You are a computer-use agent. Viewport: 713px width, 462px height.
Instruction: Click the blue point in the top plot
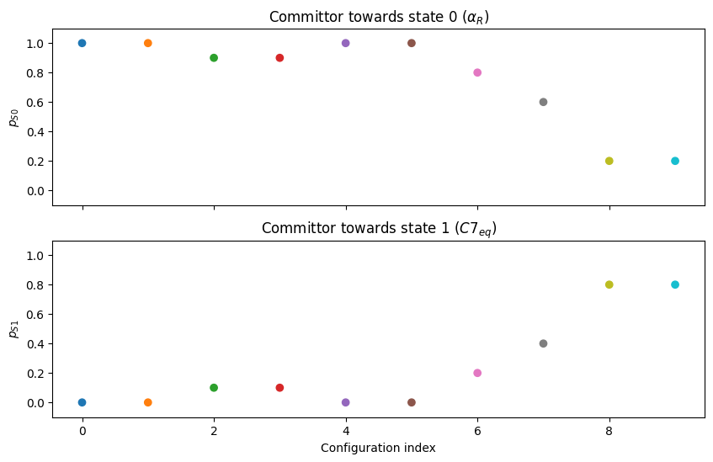coord(82,43)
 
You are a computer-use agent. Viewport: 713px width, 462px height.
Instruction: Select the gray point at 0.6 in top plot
coord(543,102)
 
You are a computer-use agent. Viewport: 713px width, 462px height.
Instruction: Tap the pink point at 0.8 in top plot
coord(477,72)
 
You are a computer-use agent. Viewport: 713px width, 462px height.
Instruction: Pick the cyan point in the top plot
coord(675,161)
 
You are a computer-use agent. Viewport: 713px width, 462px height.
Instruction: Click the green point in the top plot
coord(214,58)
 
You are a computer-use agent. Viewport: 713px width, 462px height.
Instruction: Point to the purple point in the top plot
coord(346,43)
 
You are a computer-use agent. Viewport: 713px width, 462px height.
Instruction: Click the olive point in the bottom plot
coord(609,284)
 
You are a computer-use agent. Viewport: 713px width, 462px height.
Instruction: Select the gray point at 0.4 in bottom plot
coord(543,343)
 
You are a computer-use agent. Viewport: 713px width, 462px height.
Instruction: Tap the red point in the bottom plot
coord(279,388)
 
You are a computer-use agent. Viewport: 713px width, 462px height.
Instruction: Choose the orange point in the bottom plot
coord(148,402)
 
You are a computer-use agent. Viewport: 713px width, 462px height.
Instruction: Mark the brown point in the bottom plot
coord(412,402)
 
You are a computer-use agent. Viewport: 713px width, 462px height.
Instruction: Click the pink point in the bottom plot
coord(477,373)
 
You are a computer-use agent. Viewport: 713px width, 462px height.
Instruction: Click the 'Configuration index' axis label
coord(378,448)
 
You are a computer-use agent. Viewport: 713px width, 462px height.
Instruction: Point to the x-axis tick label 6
coord(477,431)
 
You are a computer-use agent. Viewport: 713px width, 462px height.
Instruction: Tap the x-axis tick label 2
coord(214,431)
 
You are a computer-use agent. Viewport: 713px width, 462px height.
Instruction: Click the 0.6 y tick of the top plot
coord(35,103)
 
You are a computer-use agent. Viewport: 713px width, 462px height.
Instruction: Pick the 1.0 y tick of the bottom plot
coord(35,256)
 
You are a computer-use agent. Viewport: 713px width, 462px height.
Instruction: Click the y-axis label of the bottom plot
coord(13,329)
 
